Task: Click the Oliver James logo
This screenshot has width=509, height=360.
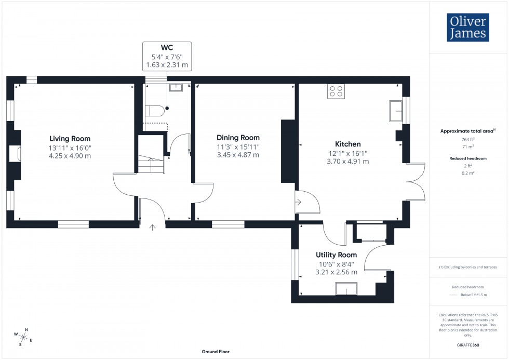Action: pos(468,28)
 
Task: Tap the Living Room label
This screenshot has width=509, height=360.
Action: pos(70,139)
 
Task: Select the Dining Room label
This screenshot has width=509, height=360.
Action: pos(238,138)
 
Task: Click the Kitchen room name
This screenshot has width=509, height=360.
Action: pos(347,144)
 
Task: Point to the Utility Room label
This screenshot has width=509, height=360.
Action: pos(336,255)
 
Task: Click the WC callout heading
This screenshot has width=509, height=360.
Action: pos(167,47)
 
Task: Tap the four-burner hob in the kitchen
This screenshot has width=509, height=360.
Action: pos(336,91)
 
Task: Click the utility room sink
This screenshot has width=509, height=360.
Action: pos(345,289)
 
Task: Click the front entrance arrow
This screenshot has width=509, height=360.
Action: pos(153,226)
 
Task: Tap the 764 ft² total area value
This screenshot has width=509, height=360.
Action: pos(468,139)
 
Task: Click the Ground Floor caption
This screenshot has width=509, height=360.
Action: pos(216,352)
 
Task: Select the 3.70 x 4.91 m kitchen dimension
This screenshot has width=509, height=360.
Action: pos(347,162)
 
